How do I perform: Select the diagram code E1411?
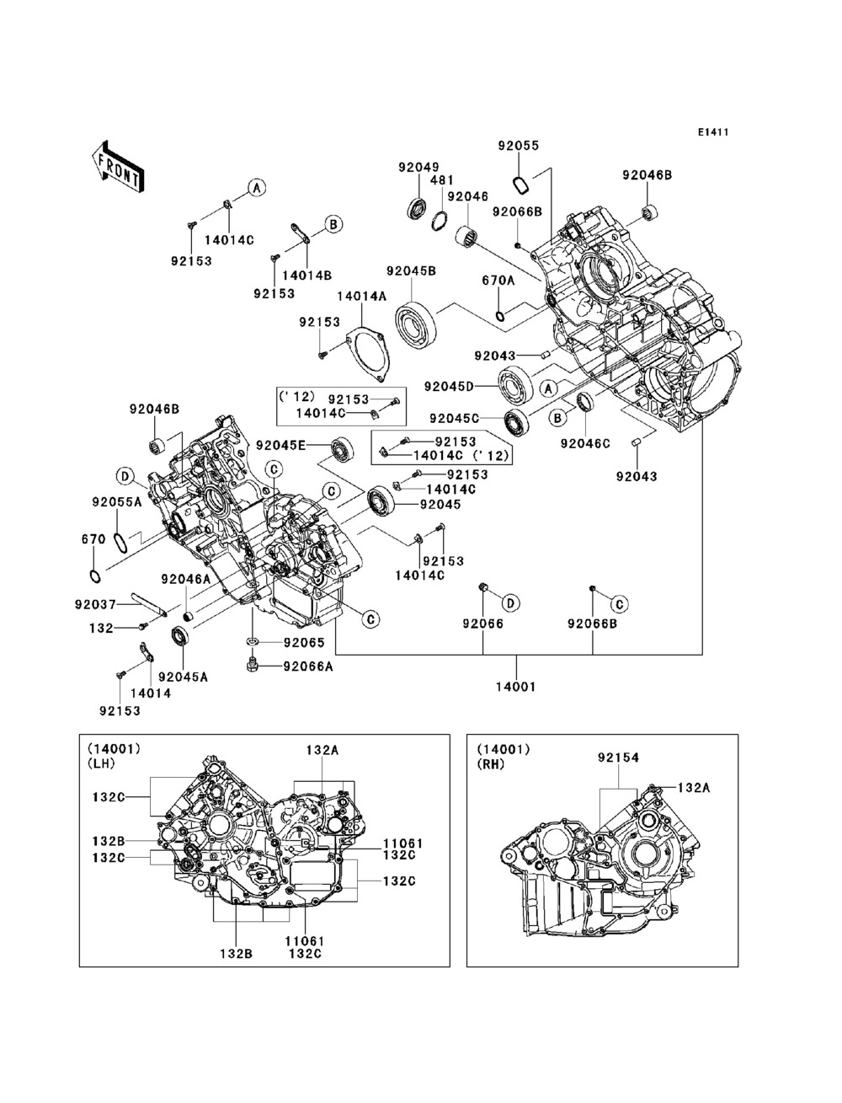712,132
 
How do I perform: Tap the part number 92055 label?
517,145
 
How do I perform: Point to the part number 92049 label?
418,167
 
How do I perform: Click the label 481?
442,179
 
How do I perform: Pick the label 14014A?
361,296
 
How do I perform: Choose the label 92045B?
411,271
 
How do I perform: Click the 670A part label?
498,280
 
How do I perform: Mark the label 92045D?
449,387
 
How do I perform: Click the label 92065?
303,642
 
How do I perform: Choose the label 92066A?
307,666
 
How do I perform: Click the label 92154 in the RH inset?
618,758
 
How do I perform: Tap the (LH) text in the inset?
100,763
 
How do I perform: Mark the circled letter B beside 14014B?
333,224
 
